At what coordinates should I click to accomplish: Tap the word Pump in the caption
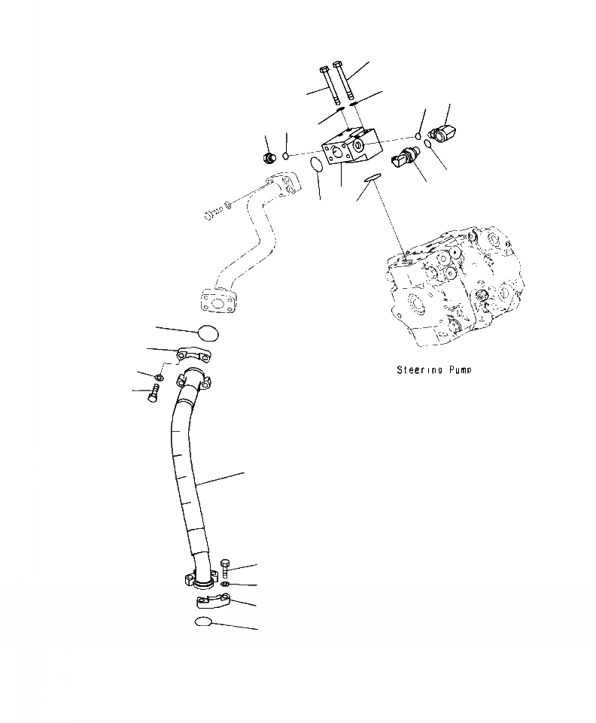[461, 370]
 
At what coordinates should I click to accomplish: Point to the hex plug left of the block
[267, 156]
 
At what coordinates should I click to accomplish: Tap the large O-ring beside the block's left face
[317, 165]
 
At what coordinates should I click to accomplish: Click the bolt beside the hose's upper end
[153, 392]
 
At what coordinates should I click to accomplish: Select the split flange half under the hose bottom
[211, 602]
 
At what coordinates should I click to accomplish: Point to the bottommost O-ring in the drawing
[203, 621]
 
